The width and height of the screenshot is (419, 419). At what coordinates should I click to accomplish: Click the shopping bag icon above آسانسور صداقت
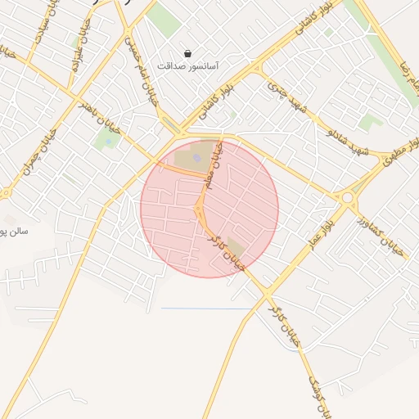188,53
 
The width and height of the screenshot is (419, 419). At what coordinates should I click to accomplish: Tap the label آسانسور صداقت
188,65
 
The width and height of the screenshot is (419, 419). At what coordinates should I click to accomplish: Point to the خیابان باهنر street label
99,118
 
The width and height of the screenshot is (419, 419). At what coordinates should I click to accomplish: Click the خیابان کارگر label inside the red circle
225,252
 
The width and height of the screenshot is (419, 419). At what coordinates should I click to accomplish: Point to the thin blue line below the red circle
205,308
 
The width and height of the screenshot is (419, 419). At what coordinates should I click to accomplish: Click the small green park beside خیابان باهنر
106,140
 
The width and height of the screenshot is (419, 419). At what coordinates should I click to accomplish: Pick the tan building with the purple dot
196,156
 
